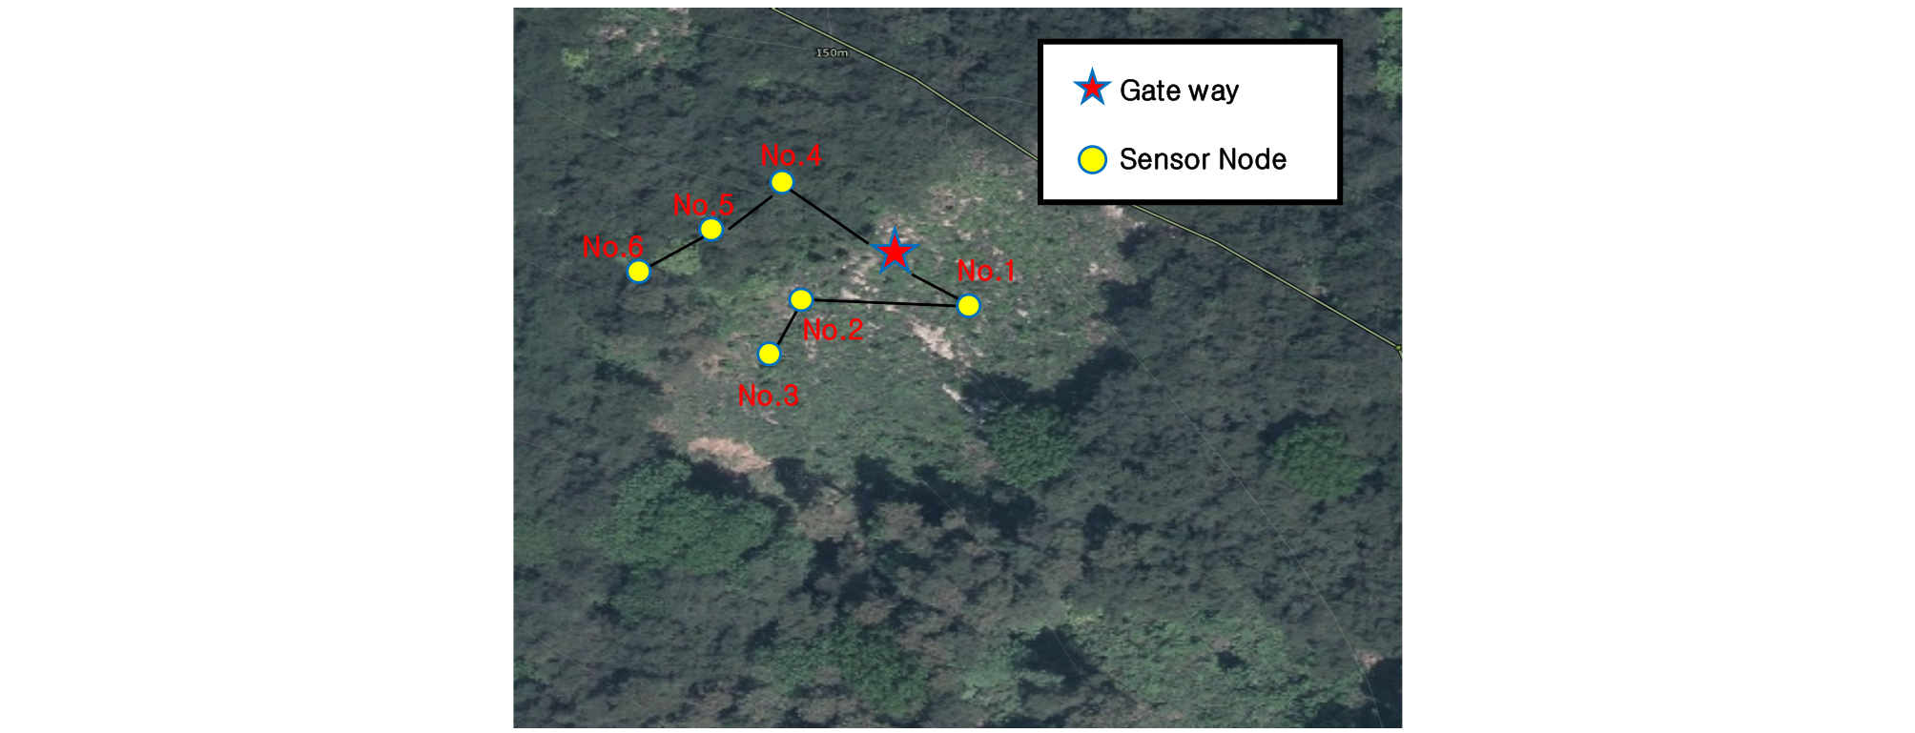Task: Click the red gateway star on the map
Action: (894, 252)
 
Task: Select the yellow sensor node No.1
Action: (968, 305)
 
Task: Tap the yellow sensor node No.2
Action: (801, 299)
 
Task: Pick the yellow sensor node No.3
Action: (769, 354)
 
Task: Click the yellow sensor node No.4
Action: (781, 181)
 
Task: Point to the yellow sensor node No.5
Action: (710, 229)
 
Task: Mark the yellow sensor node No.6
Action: (638, 271)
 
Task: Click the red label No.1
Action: (986, 271)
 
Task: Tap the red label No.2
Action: (833, 330)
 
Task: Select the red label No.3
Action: (768, 395)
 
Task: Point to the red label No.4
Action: (791, 155)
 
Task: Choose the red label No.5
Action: (703, 204)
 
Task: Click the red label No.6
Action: (612, 247)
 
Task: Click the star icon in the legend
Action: (1091, 88)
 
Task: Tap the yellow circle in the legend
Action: (1092, 159)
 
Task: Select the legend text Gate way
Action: (1179, 91)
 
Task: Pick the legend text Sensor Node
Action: (1203, 159)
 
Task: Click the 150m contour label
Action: (831, 52)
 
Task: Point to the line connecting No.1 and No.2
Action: (885, 302)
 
